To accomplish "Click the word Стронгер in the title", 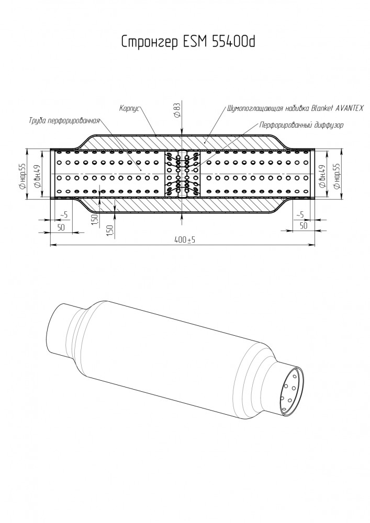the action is pyautogui.click(x=150, y=41).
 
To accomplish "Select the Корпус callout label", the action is pyautogui.click(x=129, y=108).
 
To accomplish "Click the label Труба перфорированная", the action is pyautogui.click(x=64, y=120).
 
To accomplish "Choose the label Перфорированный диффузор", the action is pyautogui.click(x=301, y=126).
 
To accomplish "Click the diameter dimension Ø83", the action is pyautogui.click(x=177, y=110).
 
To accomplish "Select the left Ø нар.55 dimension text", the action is pyautogui.click(x=22, y=175).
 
